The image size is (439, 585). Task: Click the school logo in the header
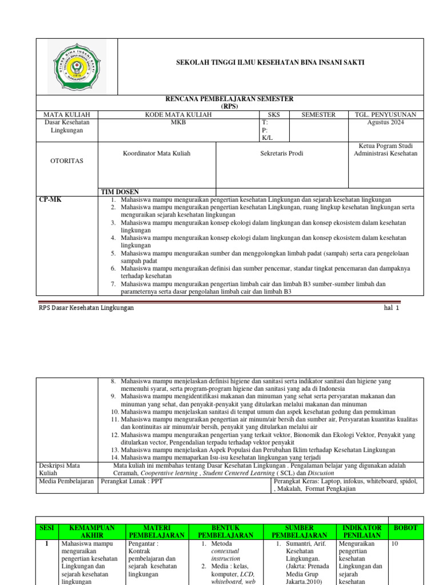point(77,66)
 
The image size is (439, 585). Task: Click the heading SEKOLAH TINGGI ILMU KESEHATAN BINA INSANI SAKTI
point(270,62)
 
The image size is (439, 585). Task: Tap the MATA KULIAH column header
point(63,115)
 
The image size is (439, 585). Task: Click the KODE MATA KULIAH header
point(178,115)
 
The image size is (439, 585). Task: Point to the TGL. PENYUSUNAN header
point(385,115)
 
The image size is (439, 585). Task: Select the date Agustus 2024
point(385,122)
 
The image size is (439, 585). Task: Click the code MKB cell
point(178,122)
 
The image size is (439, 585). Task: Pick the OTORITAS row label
point(67,161)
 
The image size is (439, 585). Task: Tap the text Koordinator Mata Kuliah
point(157,153)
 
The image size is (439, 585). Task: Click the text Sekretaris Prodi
point(282,153)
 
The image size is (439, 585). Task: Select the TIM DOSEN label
point(120,191)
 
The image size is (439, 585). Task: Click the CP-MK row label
point(50,200)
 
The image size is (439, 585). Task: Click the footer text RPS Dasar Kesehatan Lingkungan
point(86,307)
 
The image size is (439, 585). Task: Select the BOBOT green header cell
point(406,528)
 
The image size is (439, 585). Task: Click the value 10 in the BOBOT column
point(395,544)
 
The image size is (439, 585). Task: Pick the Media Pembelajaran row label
point(66,481)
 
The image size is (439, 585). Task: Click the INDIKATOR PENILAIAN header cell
point(361,531)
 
